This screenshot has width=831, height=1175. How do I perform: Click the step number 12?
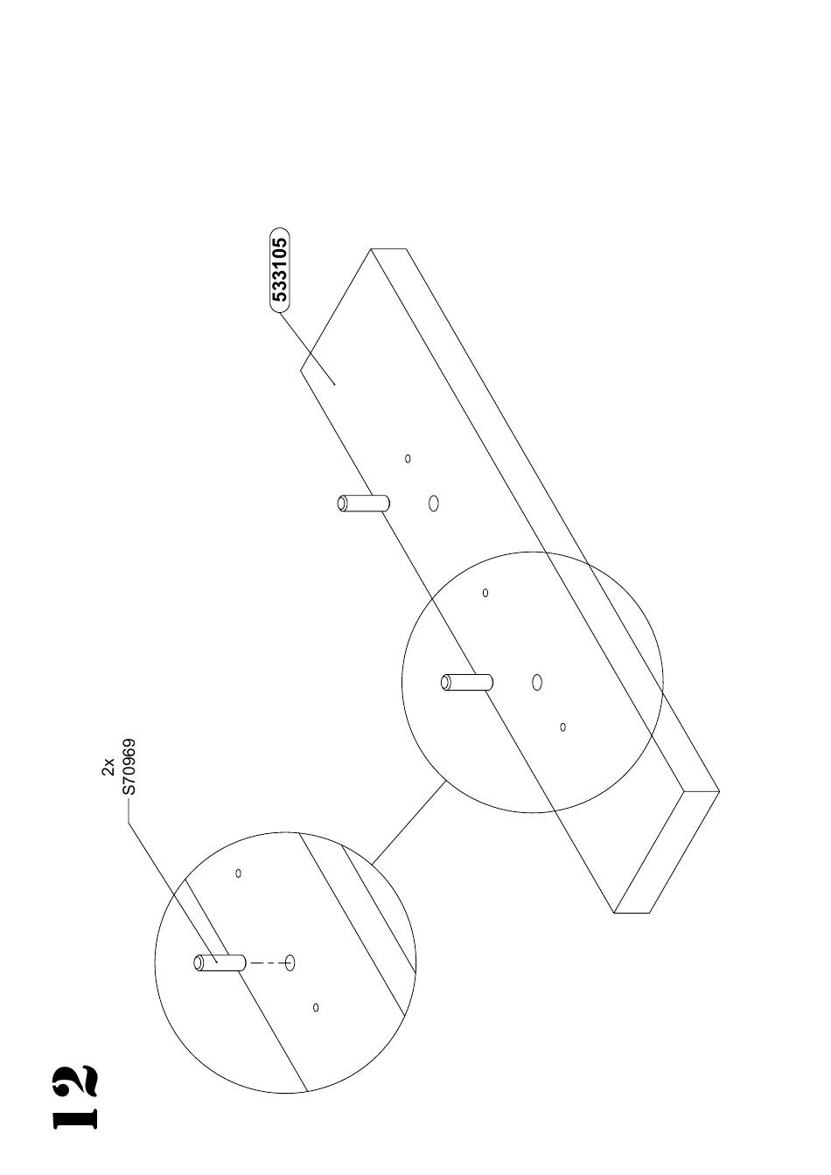pos(74,1097)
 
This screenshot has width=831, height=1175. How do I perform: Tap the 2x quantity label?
pos(108,767)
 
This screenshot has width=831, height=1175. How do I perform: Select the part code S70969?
pos(129,767)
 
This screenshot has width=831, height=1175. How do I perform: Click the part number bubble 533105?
pos(279,270)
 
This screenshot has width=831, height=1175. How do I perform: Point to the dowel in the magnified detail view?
pos(220,963)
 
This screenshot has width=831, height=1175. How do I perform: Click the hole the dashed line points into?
pos(290,963)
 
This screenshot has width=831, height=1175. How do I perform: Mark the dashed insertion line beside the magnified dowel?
pos(266,963)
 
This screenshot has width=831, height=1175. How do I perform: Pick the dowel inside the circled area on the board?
pos(467,682)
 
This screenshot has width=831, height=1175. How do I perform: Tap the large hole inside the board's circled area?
pos(537,682)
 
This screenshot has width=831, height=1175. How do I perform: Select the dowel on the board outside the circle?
pos(363,503)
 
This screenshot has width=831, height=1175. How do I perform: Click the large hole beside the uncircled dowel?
pos(433,503)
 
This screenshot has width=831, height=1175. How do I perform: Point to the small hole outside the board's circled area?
pos(408,458)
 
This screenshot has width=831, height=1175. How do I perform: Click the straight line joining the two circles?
pos(409,823)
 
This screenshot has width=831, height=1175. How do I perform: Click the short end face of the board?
pos(667,852)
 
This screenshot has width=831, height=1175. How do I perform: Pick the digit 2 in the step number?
pos(74,1081)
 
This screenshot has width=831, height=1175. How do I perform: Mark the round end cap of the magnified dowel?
pos(199,963)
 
